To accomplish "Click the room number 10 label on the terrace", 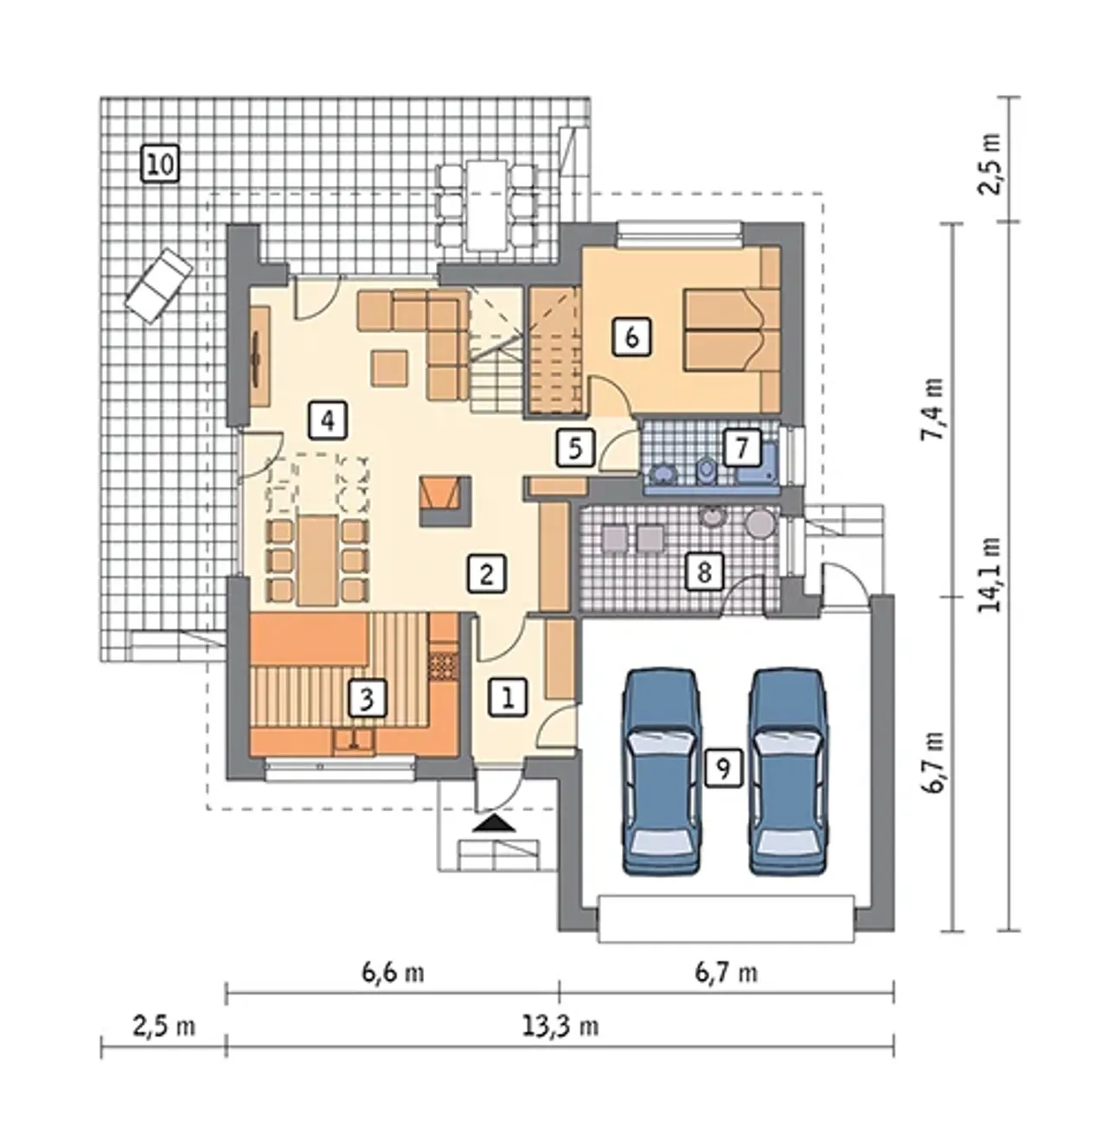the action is point(160,164).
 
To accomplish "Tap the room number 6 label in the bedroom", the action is point(631,337).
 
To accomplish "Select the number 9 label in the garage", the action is point(723,769).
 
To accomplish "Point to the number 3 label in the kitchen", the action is point(367,698).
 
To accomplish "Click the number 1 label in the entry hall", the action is point(508,697).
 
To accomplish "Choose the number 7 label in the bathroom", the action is point(741,448).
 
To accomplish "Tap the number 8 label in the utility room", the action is point(704,572).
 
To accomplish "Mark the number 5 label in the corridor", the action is point(575,449).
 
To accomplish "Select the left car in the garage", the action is point(661,773).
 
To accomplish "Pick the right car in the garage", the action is point(789,773).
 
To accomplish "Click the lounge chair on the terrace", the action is point(159,285).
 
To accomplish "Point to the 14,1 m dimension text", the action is point(990,574).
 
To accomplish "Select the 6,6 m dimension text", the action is point(393,973).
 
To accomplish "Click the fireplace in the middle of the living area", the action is point(445,502).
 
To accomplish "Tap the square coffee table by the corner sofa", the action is point(390,368).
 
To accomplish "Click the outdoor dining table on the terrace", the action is point(487,205).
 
